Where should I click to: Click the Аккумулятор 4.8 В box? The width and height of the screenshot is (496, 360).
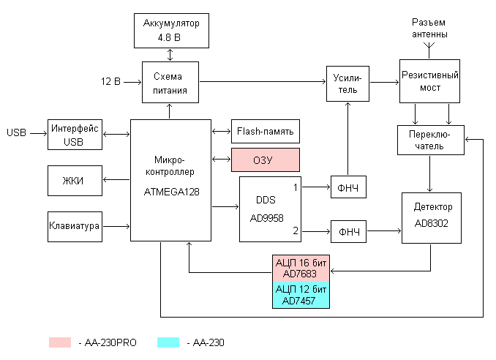click(171, 30)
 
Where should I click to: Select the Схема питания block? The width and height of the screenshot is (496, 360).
click(171, 83)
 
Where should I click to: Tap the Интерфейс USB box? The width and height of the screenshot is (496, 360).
click(74, 135)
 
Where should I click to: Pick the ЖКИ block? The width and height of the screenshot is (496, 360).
click(74, 181)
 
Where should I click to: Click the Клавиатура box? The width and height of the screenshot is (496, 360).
click(74, 225)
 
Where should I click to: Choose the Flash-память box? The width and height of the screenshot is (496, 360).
click(265, 132)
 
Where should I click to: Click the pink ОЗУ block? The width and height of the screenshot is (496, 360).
click(265, 160)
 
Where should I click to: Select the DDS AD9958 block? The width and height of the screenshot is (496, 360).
click(270, 209)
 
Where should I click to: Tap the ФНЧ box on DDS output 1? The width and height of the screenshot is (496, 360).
click(348, 187)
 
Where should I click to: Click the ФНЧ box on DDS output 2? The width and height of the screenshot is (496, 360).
click(348, 232)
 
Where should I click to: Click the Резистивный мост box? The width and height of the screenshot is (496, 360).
click(429, 81)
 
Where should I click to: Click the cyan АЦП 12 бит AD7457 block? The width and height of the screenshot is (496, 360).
click(302, 295)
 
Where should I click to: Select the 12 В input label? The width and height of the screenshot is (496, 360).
click(110, 80)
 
